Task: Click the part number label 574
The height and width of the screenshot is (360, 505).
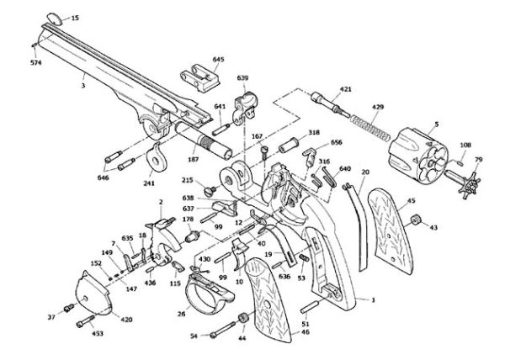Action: [x=35, y=63]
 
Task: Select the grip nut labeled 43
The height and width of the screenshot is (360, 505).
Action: [x=415, y=220]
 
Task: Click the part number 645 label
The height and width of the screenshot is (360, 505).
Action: [x=218, y=60]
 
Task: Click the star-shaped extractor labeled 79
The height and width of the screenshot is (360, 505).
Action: [x=469, y=182]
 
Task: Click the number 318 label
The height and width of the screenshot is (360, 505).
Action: [x=290, y=132]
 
